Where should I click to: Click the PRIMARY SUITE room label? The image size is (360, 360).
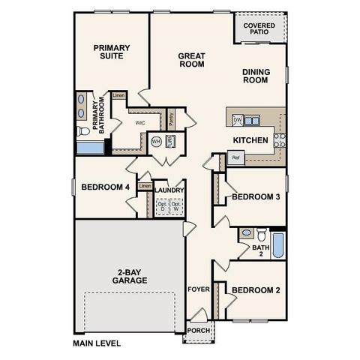pyautogui.click(x=112, y=52)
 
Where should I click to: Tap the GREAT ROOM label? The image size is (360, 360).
pyautogui.click(x=191, y=60)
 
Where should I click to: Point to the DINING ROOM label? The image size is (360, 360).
pyautogui.click(x=256, y=76)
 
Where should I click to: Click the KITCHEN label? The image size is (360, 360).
pyautogui.click(x=250, y=140)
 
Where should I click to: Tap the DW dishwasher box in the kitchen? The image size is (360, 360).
pyautogui.click(x=237, y=120)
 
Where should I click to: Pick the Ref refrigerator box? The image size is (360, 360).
pyautogui.click(x=235, y=157)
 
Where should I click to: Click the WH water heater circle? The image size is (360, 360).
pyautogui.click(x=156, y=141)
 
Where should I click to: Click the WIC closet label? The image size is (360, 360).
pyautogui.click(x=139, y=121)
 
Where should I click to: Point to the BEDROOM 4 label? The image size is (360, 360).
pyautogui.click(x=105, y=187)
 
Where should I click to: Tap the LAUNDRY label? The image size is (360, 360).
pyautogui.click(x=169, y=190)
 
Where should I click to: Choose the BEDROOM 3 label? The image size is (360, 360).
pyautogui.click(x=256, y=196)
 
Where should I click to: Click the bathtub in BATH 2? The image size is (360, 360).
pyautogui.click(x=277, y=244)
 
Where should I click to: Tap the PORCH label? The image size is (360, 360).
pyautogui.click(x=199, y=331)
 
